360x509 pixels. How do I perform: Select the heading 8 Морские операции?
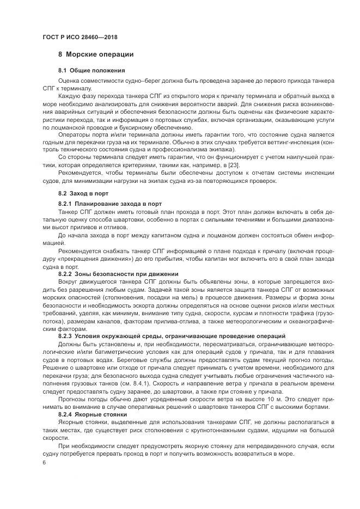[96, 54]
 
